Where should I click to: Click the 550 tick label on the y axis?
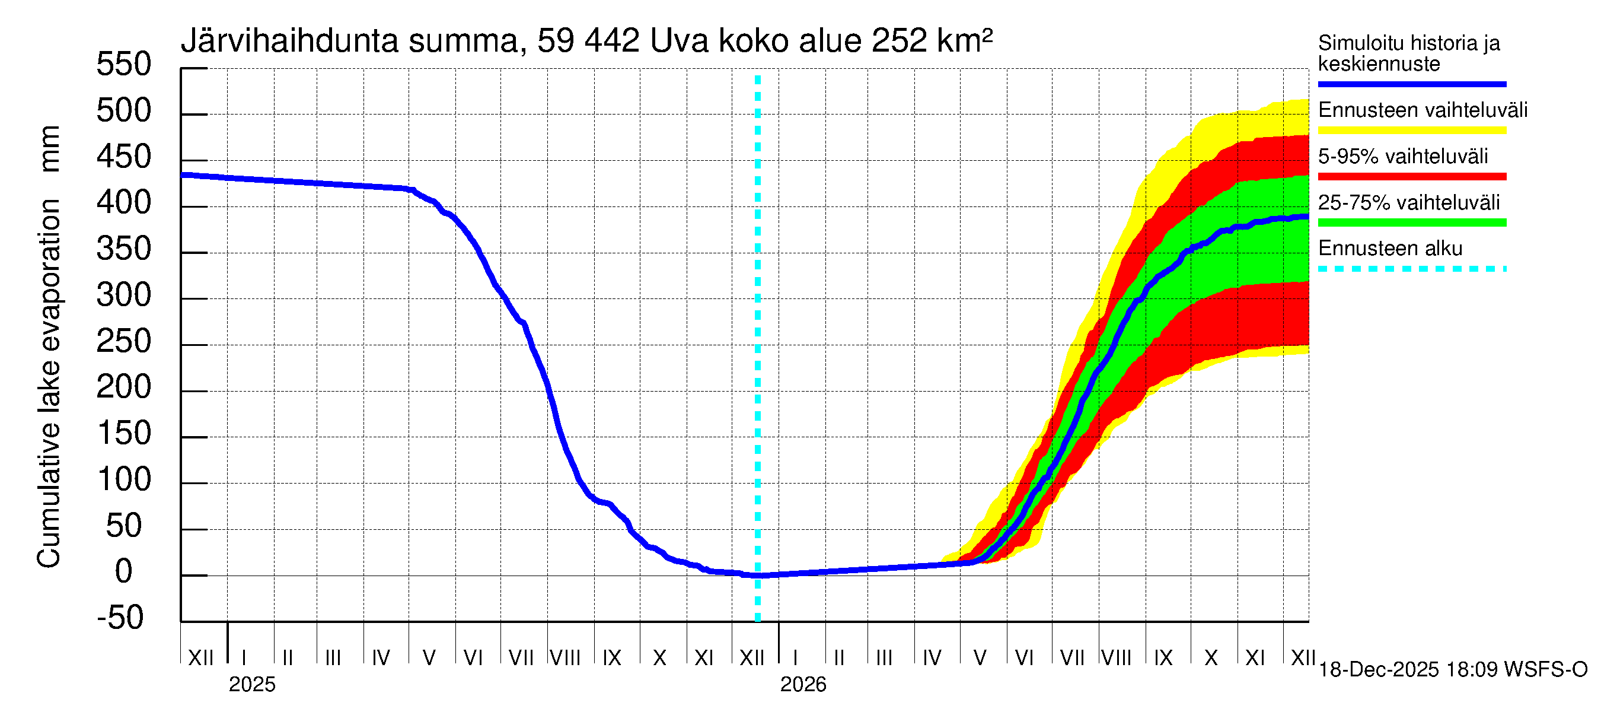point(124,65)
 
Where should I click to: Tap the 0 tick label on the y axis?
point(125,571)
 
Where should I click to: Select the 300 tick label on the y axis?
point(124,295)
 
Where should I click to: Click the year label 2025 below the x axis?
point(251,685)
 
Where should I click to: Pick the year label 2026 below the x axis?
point(803,685)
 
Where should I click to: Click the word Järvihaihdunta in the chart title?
point(289,41)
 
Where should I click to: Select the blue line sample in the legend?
point(1411,84)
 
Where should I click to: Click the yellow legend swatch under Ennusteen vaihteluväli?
point(1411,131)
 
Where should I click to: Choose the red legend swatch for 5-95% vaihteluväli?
point(1411,177)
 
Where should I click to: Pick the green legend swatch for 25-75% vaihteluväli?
point(1411,223)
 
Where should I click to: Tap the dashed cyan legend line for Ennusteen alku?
point(1411,269)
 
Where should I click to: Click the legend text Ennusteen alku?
point(1390,249)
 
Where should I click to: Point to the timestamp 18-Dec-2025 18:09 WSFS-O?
point(1452,670)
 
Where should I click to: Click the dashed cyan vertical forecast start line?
point(758,348)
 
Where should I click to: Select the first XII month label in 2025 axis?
point(200,657)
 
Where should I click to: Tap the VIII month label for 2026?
point(1116,657)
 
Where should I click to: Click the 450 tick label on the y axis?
point(124,157)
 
